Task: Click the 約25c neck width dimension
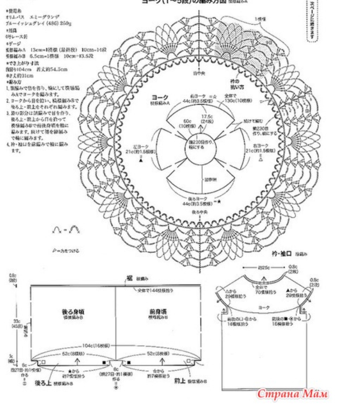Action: [263, 267]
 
